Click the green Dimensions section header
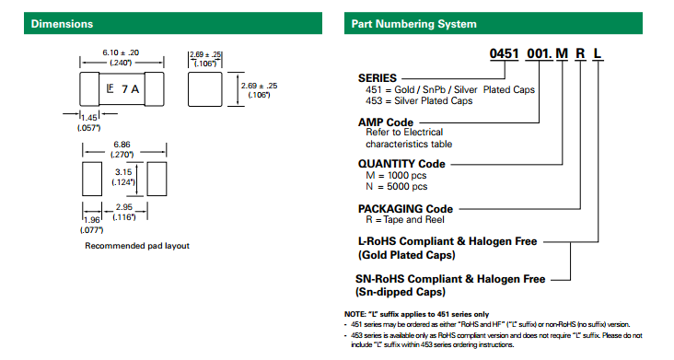pos(173,23)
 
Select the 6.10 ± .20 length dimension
pos(121,52)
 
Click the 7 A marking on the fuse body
pos(130,89)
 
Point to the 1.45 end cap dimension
pos(89,118)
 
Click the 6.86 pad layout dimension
pos(122,145)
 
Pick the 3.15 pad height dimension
pos(123,172)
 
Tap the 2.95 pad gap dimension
pos(124,207)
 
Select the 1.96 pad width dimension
pos(92,220)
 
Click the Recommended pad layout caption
pos(137,246)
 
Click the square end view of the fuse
pos(205,89)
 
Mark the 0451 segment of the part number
pos(505,53)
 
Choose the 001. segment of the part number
pos(540,53)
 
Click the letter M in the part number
pos(562,53)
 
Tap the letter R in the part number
pos(580,53)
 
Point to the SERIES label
pos(378,78)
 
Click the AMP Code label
pos(386,122)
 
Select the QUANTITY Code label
pos(401,164)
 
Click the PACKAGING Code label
pos(405,209)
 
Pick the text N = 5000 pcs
pos(397,187)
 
